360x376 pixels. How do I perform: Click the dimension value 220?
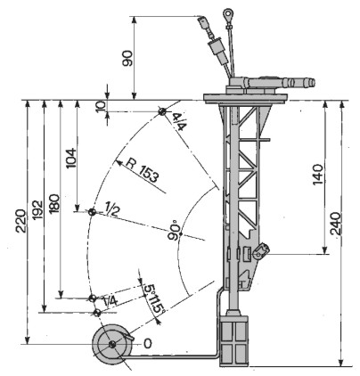coord(21,221)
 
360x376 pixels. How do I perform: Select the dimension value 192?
coord(37,209)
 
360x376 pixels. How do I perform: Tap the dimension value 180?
coord(54,204)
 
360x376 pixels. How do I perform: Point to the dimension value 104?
coord(71,158)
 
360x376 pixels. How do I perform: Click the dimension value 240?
coord(336,224)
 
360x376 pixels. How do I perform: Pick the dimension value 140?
coord(318,174)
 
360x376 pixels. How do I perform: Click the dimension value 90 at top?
coord(127,58)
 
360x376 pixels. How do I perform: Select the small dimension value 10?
coord(101,106)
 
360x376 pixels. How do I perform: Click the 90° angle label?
coord(174,231)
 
